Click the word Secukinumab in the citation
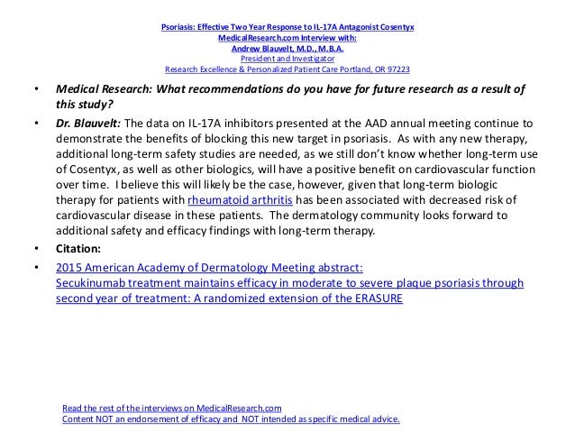(x=89, y=282)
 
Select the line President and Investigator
(x=287, y=59)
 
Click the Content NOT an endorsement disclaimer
(x=231, y=419)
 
